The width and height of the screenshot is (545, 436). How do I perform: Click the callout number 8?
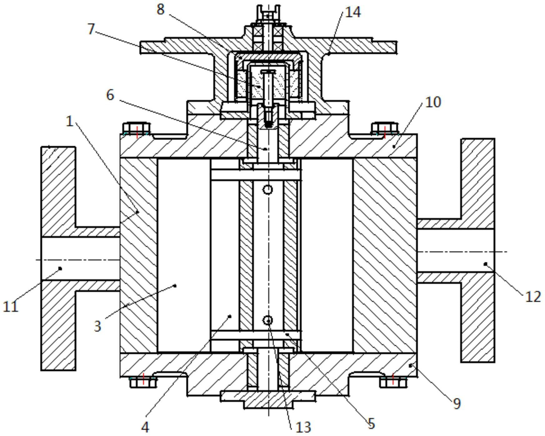pyautogui.click(x=160, y=9)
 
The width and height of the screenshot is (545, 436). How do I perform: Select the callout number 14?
pyautogui.click(x=353, y=12)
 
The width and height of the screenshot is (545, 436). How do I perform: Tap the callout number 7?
pyautogui.click(x=91, y=29)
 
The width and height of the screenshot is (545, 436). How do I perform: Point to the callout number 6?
pyautogui.click(x=110, y=95)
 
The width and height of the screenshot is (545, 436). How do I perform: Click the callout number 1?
pyautogui.click(x=69, y=121)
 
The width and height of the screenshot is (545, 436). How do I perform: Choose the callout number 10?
pyautogui.click(x=433, y=102)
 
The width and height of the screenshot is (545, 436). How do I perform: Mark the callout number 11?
pyautogui.click(x=11, y=307)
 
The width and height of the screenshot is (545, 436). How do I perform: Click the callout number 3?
pyautogui.click(x=97, y=326)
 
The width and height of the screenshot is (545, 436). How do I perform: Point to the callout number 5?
pyautogui.click(x=371, y=424)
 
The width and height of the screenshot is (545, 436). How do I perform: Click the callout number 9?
pyautogui.click(x=457, y=404)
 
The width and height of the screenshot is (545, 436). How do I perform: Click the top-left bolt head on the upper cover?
pyautogui.click(x=137, y=129)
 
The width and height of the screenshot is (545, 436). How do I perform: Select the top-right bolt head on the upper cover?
pyautogui.click(x=385, y=129)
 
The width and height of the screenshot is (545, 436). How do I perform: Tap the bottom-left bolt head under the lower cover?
pyautogui.click(x=143, y=382)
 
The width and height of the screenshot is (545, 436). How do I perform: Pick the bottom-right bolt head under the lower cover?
pyautogui.click(x=393, y=382)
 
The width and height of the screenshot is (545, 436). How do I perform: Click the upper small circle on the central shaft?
pyautogui.click(x=268, y=190)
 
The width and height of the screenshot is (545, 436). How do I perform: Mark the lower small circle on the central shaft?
pyautogui.click(x=268, y=320)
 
